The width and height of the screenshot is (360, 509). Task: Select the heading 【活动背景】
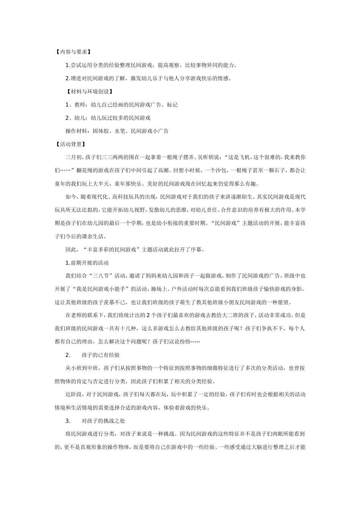[70, 144]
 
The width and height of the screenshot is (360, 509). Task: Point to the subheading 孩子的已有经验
[100, 355]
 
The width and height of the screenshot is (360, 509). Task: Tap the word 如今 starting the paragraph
[70, 197]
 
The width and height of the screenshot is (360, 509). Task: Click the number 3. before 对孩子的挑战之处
[68, 421]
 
